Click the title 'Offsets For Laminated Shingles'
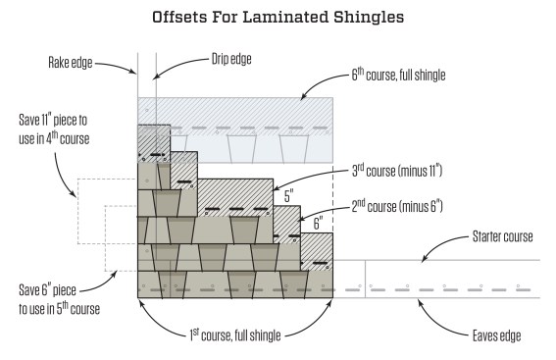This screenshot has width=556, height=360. [x=278, y=18]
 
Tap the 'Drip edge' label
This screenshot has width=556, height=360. [x=230, y=59]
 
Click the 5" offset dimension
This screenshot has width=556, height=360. [x=288, y=196]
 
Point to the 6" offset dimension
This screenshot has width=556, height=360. [x=316, y=225]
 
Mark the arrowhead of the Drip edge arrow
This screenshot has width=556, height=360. [x=154, y=73]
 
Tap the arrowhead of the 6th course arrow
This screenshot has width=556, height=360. [x=300, y=97]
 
